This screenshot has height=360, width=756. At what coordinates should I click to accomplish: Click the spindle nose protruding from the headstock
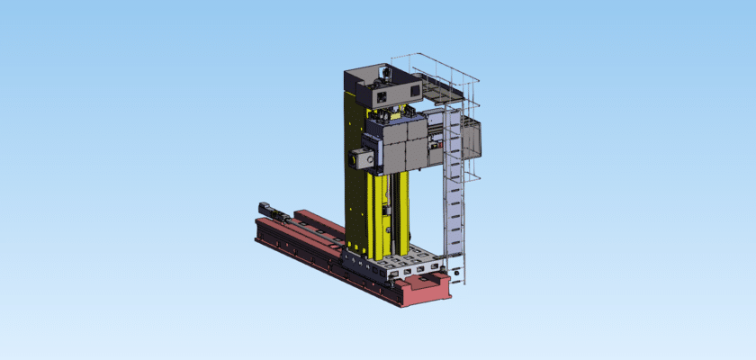point(353,159)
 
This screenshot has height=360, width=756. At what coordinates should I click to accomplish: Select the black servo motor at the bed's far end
point(269,210)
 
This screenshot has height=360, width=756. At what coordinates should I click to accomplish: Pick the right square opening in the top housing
point(414,91)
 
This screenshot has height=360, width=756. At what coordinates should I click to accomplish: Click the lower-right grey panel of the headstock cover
point(415,155)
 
